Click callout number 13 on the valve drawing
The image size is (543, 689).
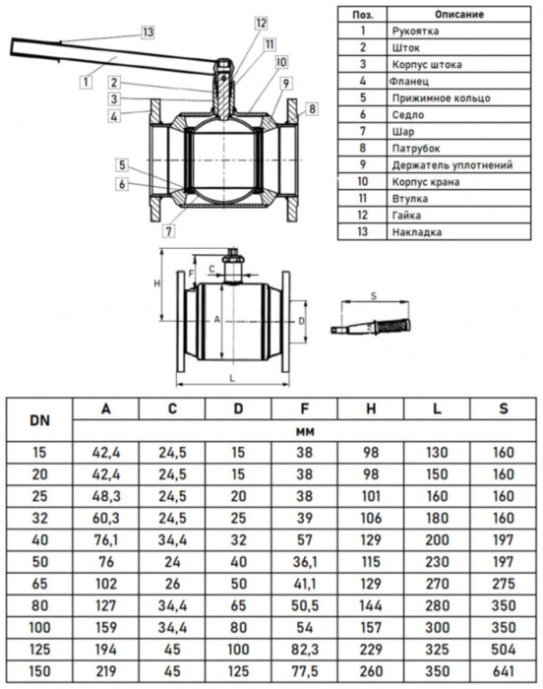click(x=148, y=32)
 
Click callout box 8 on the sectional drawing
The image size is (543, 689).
click(x=311, y=107)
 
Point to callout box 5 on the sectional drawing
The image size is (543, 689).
click(x=120, y=164)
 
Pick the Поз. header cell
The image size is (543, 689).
click(x=362, y=15)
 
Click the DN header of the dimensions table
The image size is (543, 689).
click(x=39, y=420)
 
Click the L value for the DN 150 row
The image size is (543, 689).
click(x=436, y=670)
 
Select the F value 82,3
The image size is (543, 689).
click(x=304, y=649)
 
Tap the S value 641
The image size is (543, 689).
click(x=502, y=670)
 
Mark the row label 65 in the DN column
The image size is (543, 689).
click(x=39, y=584)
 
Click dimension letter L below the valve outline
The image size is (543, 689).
click(x=231, y=378)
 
